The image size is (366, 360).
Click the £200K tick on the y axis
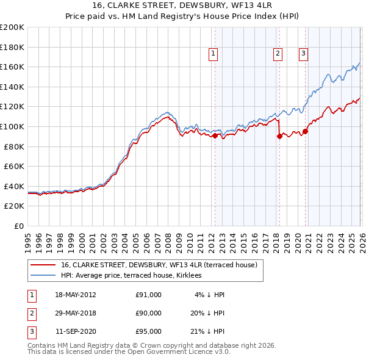pyautogui.click(x=12, y=27)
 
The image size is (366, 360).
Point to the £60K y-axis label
pyautogui.click(x=14, y=166)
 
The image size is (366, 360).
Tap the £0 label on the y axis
pyautogui.click(x=19, y=226)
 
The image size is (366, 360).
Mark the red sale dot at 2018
pyautogui.click(x=279, y=137)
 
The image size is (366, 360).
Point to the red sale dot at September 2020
pyautogui.click(x=305, y=131)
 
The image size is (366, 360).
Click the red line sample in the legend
pyautogui.click(x=43, y=265)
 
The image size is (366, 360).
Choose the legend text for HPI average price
pyautogui.click(x=131, y=276)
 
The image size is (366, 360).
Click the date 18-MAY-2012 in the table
pyautogui.click(x=75, y=295)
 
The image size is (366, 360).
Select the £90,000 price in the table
pyautogui.click(x=148, y=313)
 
